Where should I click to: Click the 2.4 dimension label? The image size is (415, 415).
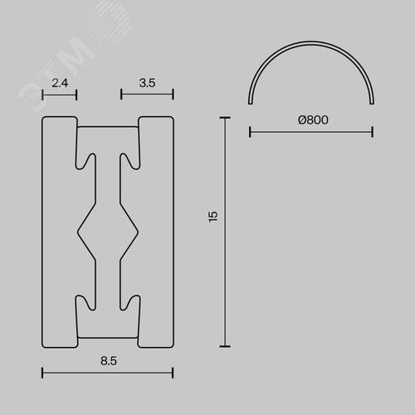60,83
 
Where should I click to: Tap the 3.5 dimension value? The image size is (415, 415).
147,83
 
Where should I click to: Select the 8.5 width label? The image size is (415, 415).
109,361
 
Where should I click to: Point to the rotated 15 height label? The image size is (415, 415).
213,217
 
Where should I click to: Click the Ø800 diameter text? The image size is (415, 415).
313,120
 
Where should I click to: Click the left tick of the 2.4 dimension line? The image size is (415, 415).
42,95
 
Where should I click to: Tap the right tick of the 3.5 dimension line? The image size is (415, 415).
173,95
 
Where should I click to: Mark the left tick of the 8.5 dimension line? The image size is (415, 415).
42,373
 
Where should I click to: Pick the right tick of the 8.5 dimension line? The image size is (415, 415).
173,373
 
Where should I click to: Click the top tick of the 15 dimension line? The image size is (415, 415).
225,118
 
